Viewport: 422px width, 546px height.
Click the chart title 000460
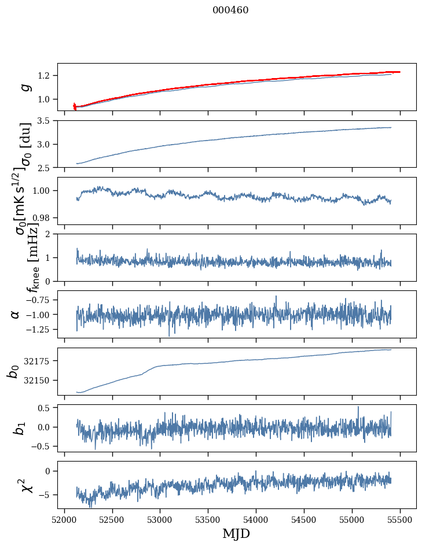[230, 10]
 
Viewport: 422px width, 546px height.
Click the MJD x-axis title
[236, 533]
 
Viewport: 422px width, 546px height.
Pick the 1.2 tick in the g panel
[45, 76]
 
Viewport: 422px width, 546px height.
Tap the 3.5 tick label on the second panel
[45, 121]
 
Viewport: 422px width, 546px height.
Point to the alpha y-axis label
[15, 314]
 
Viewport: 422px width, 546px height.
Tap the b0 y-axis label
[13, 371]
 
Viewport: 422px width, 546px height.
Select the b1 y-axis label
[19, 427]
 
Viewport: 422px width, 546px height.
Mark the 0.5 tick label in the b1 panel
[45, 408]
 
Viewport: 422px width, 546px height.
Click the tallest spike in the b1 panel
[358, 407]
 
